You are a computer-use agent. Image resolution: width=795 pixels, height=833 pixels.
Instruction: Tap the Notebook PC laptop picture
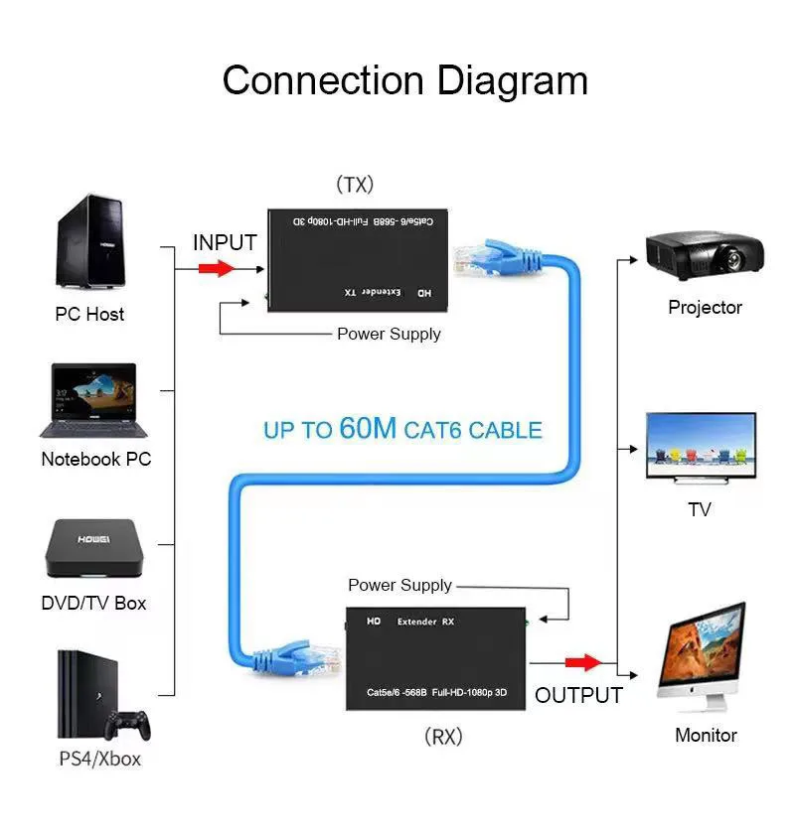click(88, 400)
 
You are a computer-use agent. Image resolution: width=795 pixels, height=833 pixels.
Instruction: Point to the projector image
click(705, 253)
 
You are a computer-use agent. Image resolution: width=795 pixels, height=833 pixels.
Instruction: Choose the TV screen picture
click(701, 448)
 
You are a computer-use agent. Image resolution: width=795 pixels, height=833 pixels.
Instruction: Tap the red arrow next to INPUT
click(216, 268)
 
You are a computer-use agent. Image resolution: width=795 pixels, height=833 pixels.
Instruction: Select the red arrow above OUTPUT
click(583, 662)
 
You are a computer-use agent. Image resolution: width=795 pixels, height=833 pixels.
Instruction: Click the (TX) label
click(354, 185)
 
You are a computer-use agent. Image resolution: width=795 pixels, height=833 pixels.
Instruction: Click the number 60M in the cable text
click(368, 429)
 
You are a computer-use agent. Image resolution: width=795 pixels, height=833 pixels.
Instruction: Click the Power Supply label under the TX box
click(389, 334)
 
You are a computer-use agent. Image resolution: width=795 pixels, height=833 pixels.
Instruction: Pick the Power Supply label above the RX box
click(399, 585)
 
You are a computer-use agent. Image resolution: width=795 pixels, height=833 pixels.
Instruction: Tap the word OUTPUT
click(578, 695)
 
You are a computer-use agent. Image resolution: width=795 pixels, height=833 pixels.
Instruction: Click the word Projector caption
click(705, 308)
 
